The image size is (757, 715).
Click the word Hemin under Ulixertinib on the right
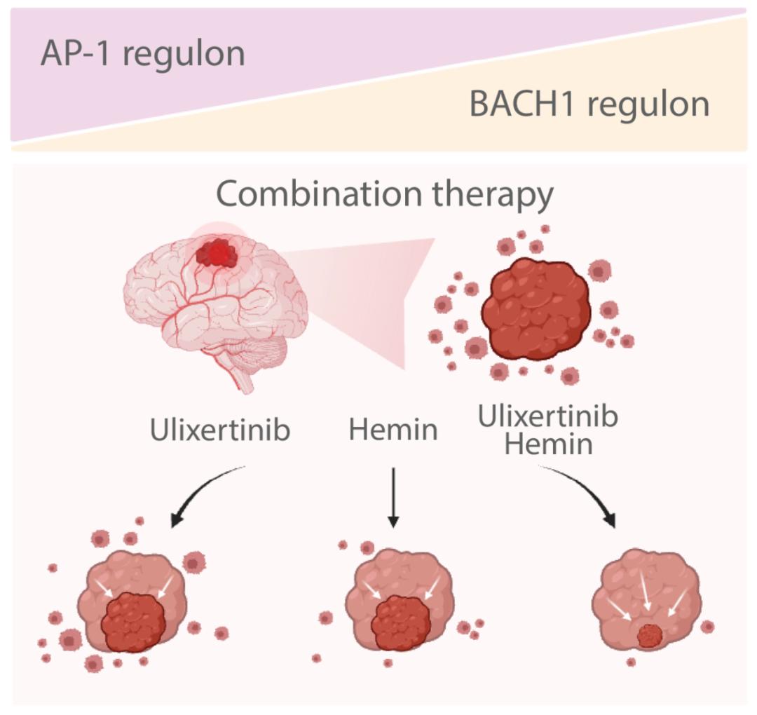[x=548, y=444]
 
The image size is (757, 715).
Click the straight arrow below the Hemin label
[x=393, y=498]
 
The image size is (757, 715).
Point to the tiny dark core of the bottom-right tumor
[x=650, y=636]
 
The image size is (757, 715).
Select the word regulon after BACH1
[x=648, y=105]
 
